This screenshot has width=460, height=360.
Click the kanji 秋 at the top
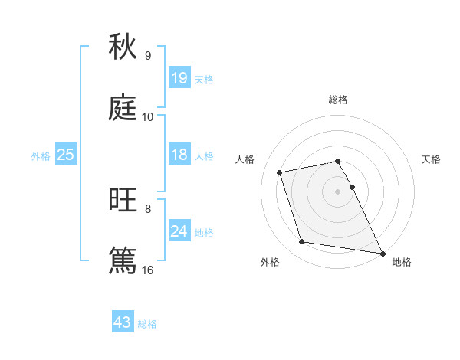click(123, 47)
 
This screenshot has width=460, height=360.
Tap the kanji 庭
click(123, 110)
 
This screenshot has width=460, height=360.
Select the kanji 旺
click(123, 200)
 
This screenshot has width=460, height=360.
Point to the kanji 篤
click(123, 260)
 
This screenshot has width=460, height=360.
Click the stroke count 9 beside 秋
click(148, 56)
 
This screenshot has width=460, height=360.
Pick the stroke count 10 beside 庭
click(148, 117)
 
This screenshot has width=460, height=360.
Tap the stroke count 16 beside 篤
click(148, 270)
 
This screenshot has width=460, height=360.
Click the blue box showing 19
click(179, 78)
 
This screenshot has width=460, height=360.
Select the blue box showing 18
click(179, 155)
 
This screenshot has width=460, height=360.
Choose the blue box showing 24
click(179, 231)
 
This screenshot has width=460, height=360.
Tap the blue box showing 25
click(66, 155)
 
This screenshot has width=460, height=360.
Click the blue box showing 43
click(123, 322)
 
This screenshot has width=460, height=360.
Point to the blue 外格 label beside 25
click(41, 155)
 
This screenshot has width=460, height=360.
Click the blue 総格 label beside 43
click(147, 323)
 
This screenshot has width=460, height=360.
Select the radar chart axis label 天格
click(431, 159)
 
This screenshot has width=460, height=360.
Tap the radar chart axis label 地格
click(402, 262)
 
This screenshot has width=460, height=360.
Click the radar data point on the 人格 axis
click(280, 172)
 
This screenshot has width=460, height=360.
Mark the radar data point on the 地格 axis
click(382, 252)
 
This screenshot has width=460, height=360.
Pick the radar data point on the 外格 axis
click(302, 242)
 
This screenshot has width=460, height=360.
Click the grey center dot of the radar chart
click(338, 191)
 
